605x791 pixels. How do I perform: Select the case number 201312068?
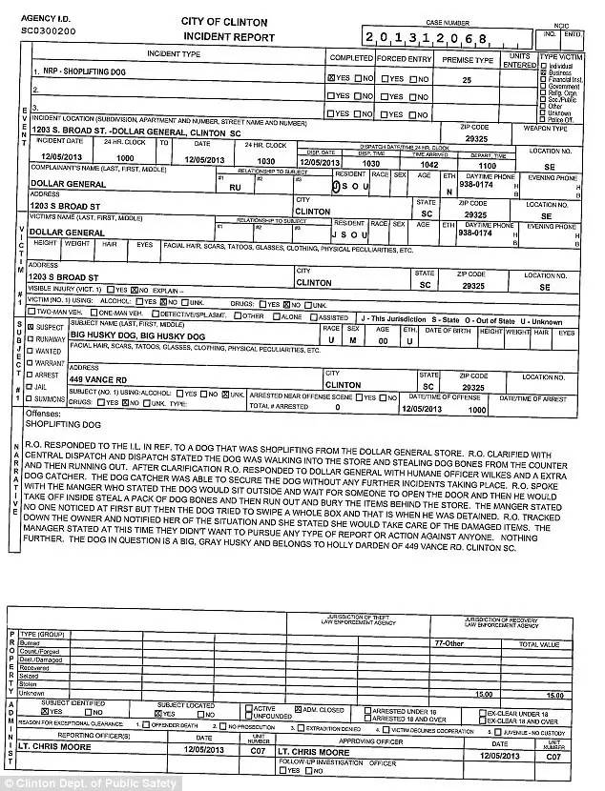(x=425, y=37)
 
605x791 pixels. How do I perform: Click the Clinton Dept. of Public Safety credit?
(x=63, y=782)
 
